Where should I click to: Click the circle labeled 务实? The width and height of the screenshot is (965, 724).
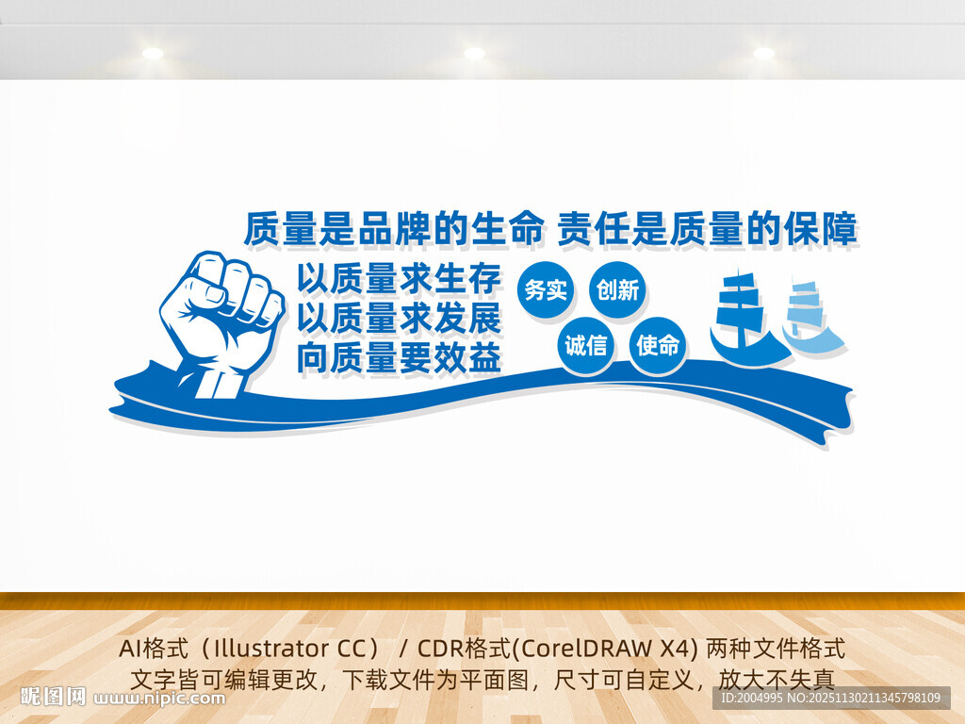(546, 290)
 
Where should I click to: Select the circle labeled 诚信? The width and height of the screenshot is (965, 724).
(585, 346)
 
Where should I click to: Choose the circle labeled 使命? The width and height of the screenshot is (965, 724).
(658, 346)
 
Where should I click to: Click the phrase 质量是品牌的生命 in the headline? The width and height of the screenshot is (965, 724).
(393, 229)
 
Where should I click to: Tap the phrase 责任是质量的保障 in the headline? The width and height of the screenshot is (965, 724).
(707, 229)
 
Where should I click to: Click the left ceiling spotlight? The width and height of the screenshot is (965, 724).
(153, 53)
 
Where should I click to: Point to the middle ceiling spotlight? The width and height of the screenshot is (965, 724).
(474, 53)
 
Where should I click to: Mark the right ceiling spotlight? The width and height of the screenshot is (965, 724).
(763, 53)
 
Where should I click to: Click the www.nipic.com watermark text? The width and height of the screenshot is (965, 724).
(161, 699)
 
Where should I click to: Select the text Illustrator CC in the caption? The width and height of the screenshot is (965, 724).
(295, 650)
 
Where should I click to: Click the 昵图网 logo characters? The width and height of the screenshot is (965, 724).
(54, 698)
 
